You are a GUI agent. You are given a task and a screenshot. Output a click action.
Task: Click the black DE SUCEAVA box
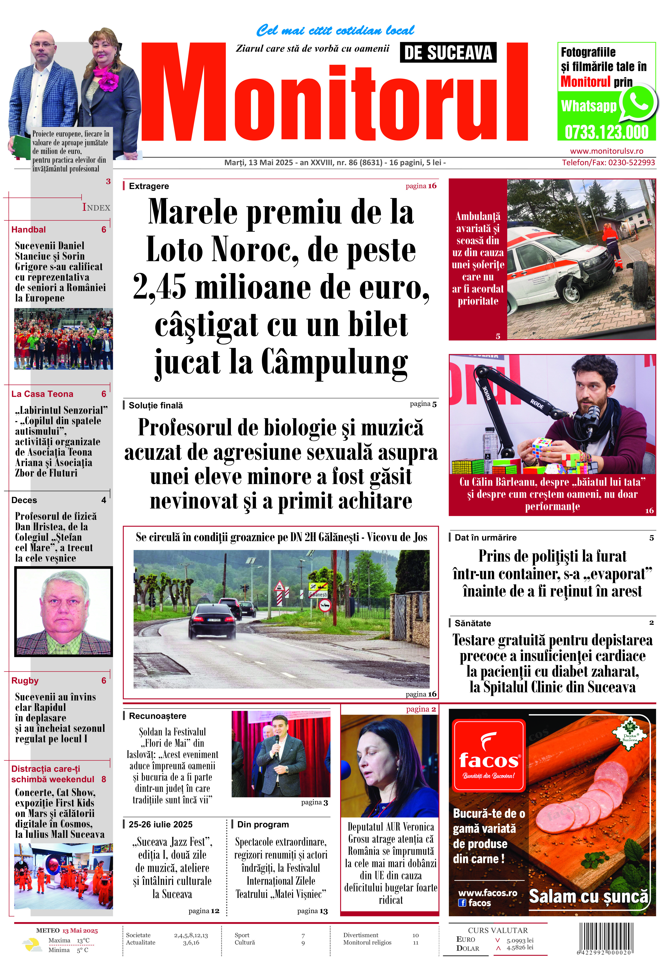[x=448, y=53]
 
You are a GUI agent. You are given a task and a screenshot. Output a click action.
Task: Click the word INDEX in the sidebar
[x=96, y=208]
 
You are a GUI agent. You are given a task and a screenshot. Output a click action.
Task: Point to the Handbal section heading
[x=28, y=229]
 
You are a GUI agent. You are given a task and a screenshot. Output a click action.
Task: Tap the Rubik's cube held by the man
[x=543, y=447]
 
